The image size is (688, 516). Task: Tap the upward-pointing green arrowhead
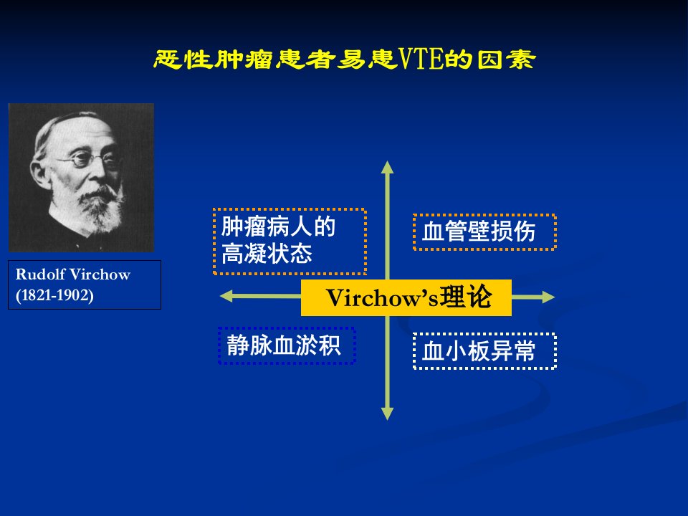pos(387,168)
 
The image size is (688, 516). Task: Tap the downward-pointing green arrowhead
pos(387,414)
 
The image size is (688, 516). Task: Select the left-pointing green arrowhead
pos(226,296)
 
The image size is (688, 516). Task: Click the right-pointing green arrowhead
pos(548,297)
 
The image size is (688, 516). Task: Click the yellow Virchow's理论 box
pos(406,297)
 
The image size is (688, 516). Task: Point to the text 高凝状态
pos(267,254)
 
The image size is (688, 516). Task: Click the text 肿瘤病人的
pos(278,227)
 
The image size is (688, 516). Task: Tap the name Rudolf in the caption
pos(41,274)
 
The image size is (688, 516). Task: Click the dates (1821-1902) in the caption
pos(55,295)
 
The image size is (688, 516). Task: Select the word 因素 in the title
pos(507,59)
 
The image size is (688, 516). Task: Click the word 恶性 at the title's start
pos(183,59)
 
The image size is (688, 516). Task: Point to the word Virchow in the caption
pos(100,274)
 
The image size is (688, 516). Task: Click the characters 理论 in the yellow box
pos(466,297)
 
